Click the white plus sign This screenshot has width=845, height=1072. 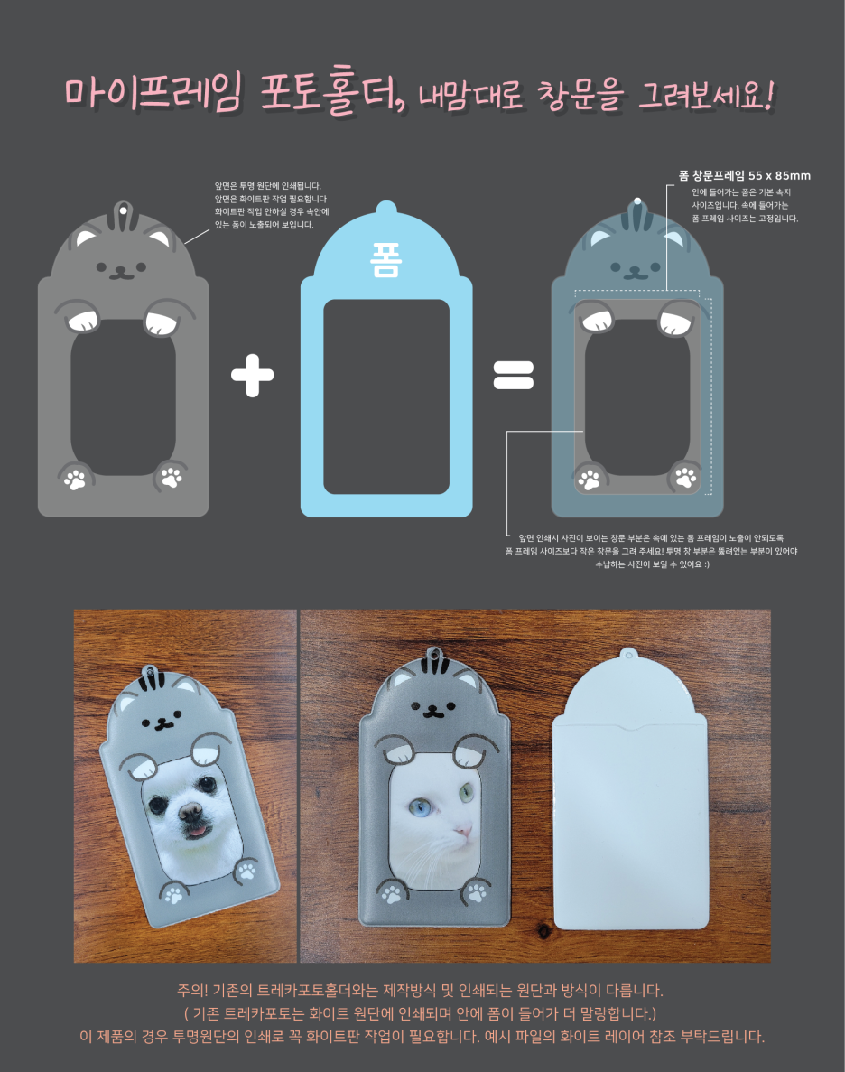pos(252,376)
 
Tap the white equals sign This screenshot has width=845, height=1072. pos(514,375)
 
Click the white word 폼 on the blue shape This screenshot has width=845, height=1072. pos(386,260)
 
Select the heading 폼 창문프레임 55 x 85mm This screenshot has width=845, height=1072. pos(745,176)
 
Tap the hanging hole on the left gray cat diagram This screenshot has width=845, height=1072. pos(123,210)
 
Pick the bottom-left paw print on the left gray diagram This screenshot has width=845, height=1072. pos(75,479)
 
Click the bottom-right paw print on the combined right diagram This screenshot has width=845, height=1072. pos(686,477)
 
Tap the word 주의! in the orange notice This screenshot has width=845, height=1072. pos(192,990)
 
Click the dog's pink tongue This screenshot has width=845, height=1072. pos(197,832)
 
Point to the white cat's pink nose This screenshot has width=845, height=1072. pos(464,832)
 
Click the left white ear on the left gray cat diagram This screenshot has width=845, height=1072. pos(86,238)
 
